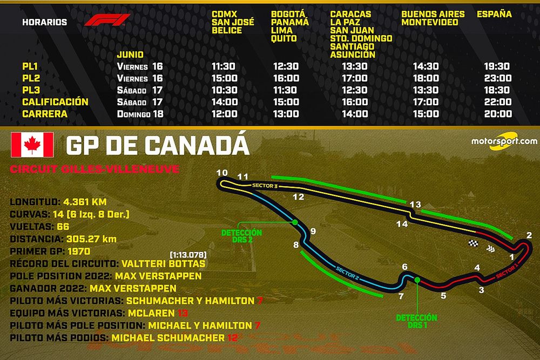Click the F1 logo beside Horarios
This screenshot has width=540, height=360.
(x=107, y=21)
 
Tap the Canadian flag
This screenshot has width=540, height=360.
(x=32, y=145)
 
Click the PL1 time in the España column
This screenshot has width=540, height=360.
(x=497, y=66)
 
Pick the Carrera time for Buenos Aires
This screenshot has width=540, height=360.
(x=426, y=114)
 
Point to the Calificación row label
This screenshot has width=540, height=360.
(x=55, y=102)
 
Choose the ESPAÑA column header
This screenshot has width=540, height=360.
(x=494, y=14)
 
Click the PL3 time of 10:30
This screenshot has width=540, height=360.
(x=224, y=90)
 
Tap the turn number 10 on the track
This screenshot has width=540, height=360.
(x=222, y=173)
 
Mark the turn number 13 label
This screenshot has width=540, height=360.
(x=415, y=204)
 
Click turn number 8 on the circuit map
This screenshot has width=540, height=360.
(x=296, y=245)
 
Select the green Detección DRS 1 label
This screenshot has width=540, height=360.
(x=416, y=322)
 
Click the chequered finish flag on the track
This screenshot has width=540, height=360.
(x=474, y=243)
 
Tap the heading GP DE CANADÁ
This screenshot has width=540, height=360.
(x=157, y=146)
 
